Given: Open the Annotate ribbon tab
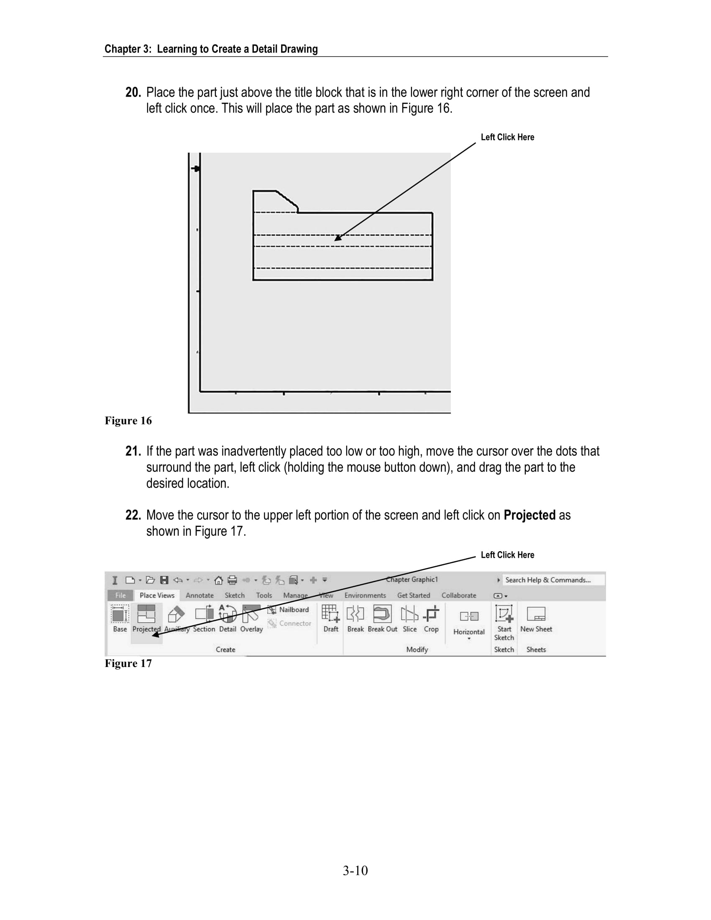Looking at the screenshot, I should (199, 595).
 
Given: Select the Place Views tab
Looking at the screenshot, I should (157, 595).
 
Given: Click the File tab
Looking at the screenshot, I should (120, 595).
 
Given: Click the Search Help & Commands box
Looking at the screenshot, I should (552, 580).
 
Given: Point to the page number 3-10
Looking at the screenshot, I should (355, 870).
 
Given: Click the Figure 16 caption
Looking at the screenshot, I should (128, 421).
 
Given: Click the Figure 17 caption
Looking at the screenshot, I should (128, 664).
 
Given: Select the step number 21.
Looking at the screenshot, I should (133, 451).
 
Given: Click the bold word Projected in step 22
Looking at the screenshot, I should (529, 515).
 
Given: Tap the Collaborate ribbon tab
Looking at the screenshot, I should (459, 595).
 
